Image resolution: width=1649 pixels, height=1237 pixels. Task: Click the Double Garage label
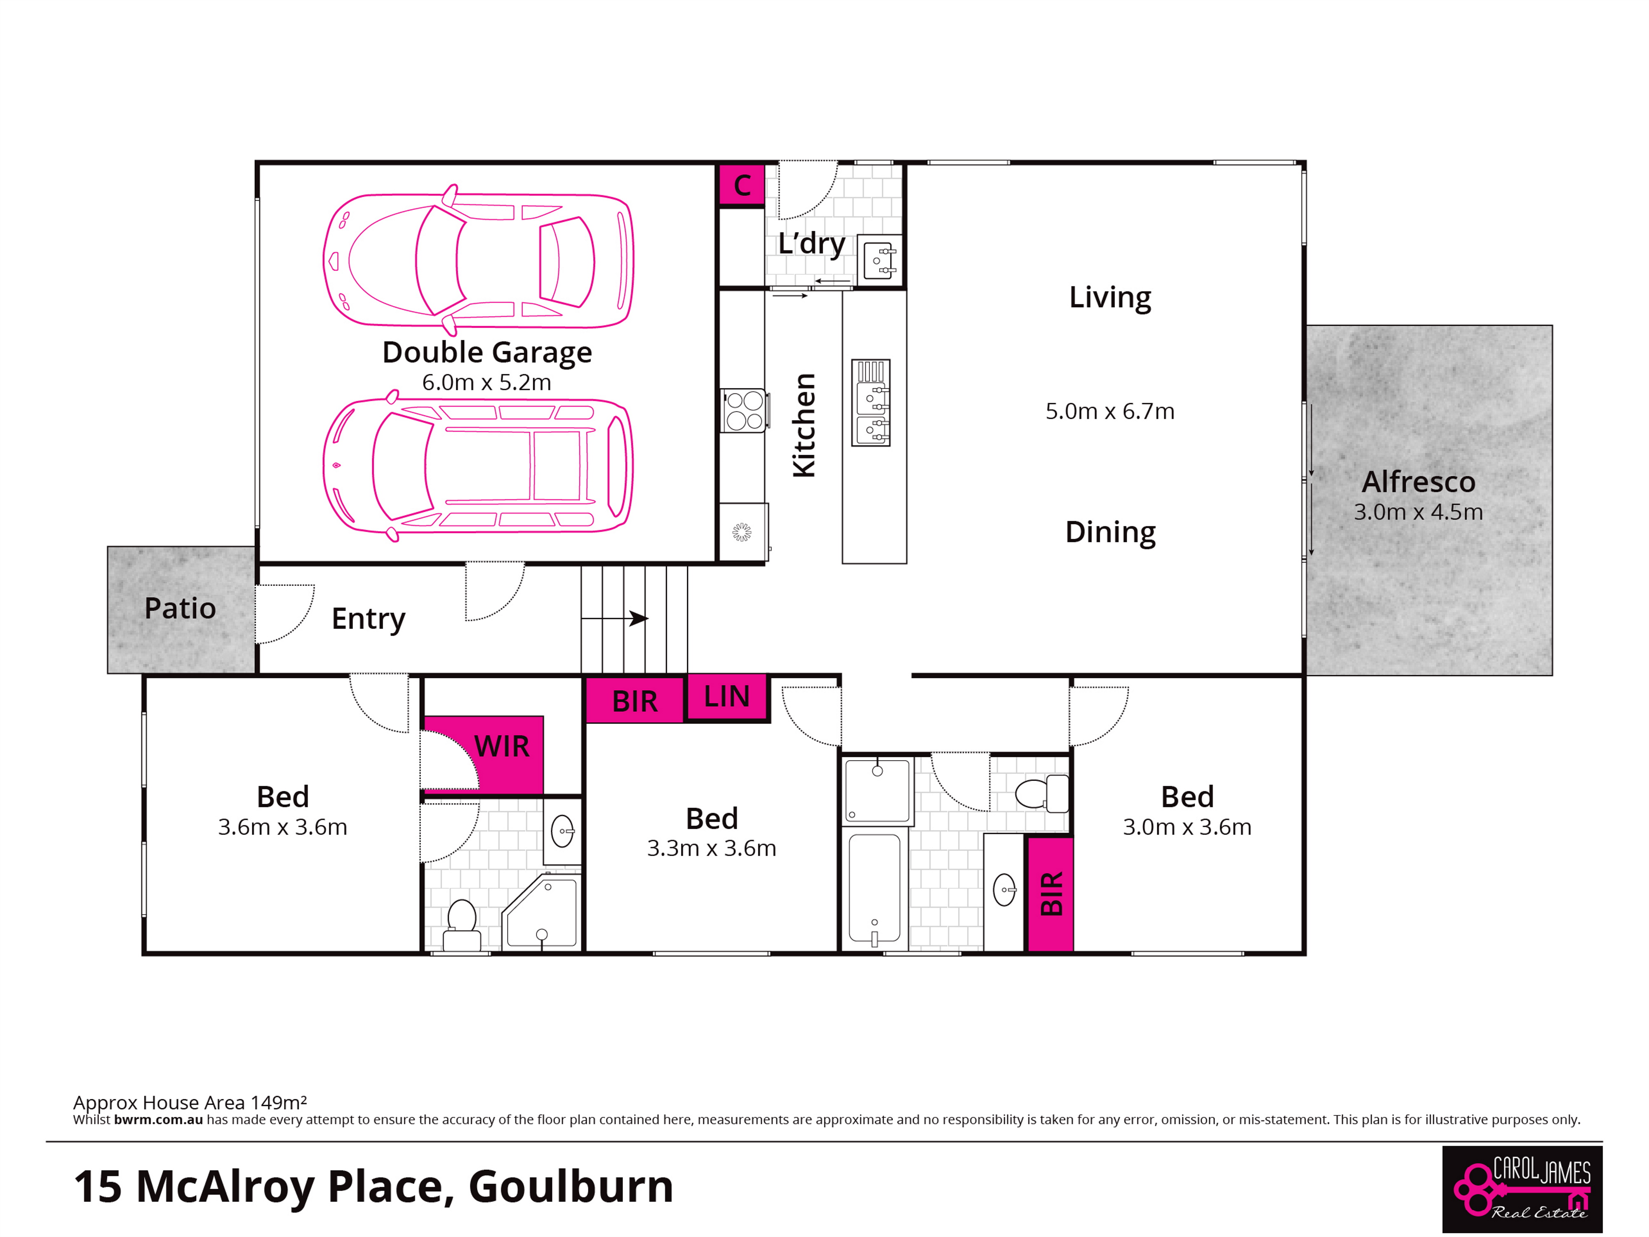coord(487,353)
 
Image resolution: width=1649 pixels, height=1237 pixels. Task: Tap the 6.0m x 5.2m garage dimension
coord(487,383)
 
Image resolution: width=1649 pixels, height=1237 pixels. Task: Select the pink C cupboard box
coord(742,185)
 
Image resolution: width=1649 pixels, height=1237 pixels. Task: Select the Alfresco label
coord(1418,482)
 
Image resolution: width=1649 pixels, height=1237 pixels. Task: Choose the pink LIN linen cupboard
coord(727,697)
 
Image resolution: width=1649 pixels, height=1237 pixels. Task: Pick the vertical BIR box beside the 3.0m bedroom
coord(1050,894)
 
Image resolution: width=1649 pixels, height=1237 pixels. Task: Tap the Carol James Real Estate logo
coord(1522,1189)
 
